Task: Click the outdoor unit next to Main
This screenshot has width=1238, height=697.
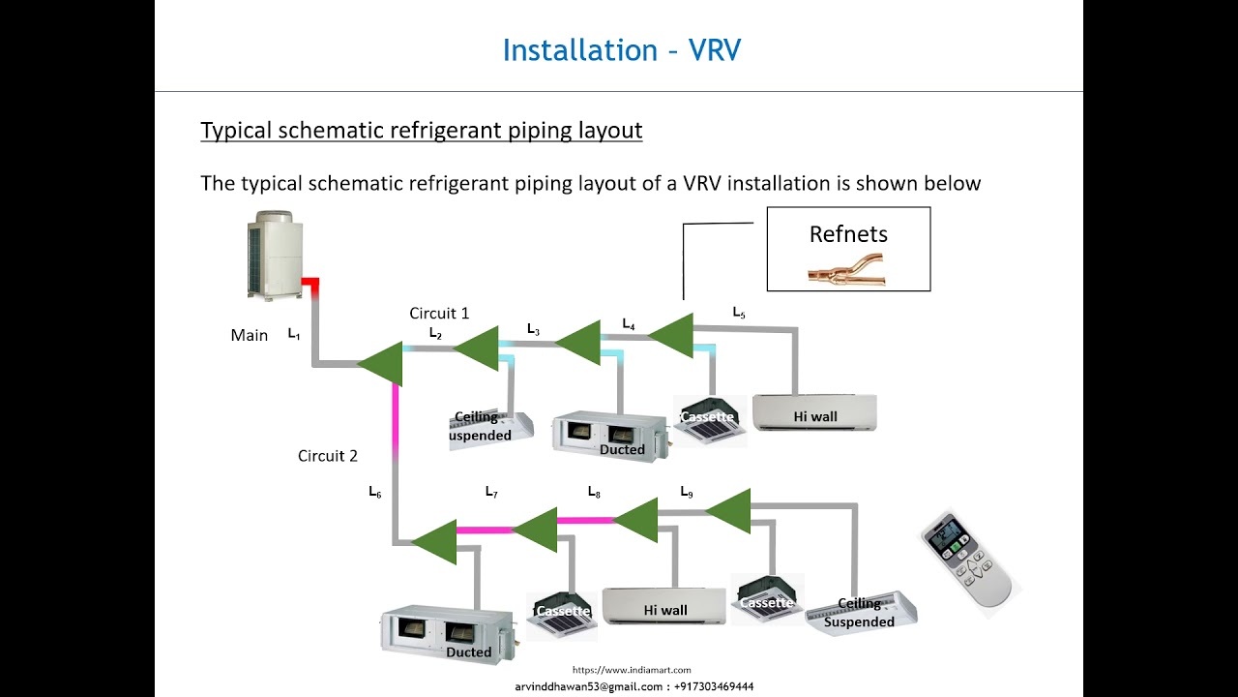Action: (275, 256)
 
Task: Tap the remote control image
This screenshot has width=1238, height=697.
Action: (969, 560)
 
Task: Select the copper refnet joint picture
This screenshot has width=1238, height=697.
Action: (846, 269)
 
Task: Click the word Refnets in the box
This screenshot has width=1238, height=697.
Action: (848, 234)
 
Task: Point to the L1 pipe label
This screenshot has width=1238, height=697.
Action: (294, 334)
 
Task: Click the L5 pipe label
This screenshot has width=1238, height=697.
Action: (739, 313)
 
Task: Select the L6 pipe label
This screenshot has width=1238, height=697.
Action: (374, 493)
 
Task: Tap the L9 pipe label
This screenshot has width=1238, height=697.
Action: (686, 493)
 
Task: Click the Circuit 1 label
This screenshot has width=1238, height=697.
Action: (439, 313)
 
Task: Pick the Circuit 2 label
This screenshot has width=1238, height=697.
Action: (328, 456)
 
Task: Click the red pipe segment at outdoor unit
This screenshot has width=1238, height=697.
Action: (309, 283)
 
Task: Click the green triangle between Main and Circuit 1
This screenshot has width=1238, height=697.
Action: (381, 363)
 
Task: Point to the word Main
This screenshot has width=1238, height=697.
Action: (250, 335)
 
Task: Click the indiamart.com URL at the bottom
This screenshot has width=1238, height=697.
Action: (632, 670)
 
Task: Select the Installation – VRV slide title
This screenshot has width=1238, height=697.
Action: (621, 50)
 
